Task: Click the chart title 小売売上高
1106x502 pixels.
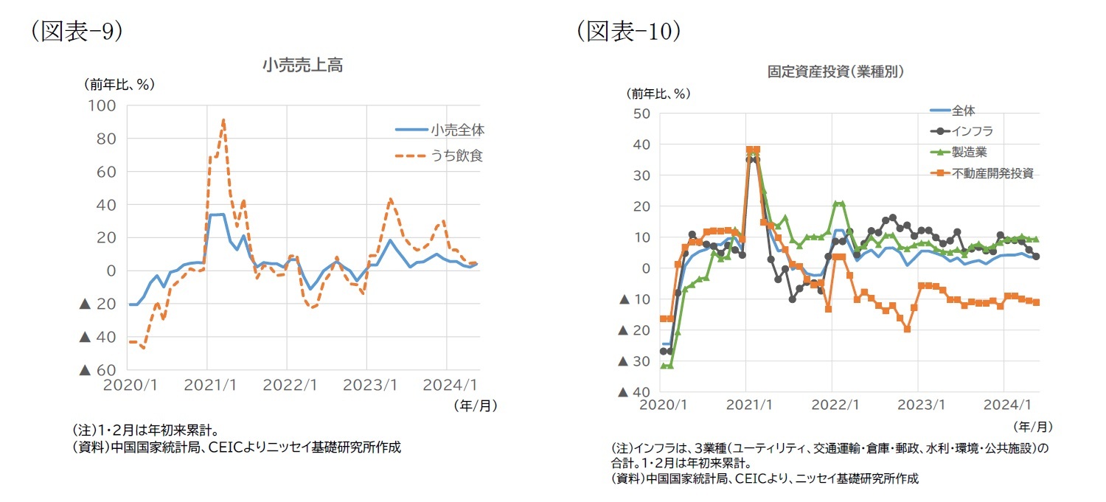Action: (x=302, y=66)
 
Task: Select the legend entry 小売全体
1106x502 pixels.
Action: (x=458, y=130)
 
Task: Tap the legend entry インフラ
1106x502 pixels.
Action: (x=973, y=131)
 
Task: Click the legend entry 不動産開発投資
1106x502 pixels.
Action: (x=992, y=173)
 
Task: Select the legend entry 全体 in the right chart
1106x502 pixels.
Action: (x=963, y=111)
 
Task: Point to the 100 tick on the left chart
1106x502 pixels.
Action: (x=102, y=105)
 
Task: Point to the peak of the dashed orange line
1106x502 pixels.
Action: (x=223, y=119)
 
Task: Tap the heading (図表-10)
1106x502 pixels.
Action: (x=628, y=32)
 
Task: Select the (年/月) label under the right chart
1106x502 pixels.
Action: (x=1032, y=426)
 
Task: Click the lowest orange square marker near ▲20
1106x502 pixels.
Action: (x=907, y=329)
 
